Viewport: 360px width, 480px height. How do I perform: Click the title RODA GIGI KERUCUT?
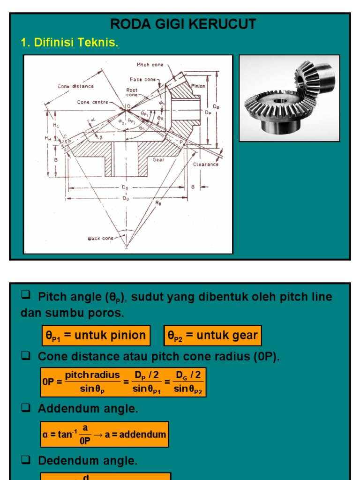coord(183,24)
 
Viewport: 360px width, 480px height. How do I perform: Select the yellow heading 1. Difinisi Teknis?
coord(69,43)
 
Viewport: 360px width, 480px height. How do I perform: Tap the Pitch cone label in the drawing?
coord(150,65)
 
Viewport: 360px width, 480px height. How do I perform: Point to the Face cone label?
coord(142,80)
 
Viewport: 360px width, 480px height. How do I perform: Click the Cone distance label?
coord(75,86)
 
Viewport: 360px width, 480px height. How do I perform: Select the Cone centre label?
coord(92,102)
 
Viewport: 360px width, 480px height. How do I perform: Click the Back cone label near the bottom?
coord(100,238)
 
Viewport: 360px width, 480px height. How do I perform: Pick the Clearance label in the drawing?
coord(205,165)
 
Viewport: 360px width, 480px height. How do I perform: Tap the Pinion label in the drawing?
coord(198,86)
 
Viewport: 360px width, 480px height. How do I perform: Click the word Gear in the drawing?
coord(158,160)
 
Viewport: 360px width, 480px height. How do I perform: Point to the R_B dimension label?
coord(158,203)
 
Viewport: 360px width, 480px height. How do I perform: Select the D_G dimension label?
coord(125,187)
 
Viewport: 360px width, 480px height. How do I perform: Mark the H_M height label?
coord(47,137)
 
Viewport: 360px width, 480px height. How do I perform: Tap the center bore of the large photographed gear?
coord(280,101)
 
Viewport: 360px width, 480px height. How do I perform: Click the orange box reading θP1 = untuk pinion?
coord(96,336)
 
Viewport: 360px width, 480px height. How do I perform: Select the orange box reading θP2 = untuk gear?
coord(212,336)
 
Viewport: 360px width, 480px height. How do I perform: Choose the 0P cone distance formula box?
coord(123,382)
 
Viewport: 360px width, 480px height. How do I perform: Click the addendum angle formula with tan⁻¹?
coord(104,434)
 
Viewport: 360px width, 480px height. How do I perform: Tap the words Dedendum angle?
coord(88,461)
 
